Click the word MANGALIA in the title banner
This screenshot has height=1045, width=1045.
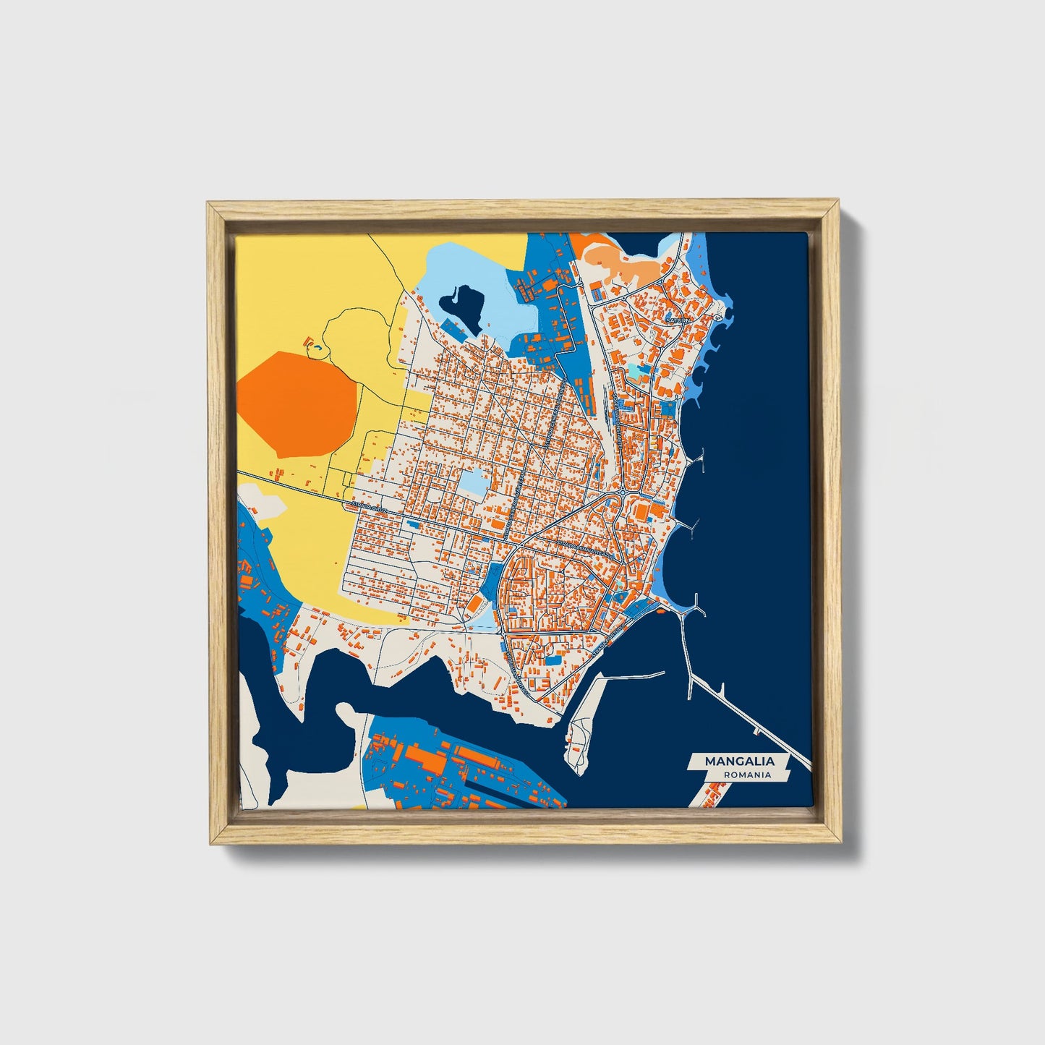[x=739, y=761]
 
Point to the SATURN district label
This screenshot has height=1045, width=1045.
[x=678, y=319]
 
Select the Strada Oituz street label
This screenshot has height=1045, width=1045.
[x=370, y=507]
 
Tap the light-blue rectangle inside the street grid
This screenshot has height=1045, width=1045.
[x=472, y=482]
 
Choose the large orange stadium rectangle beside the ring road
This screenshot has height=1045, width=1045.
[x=641, y=512]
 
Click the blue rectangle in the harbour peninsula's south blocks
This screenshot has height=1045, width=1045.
[x=553, y=659]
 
